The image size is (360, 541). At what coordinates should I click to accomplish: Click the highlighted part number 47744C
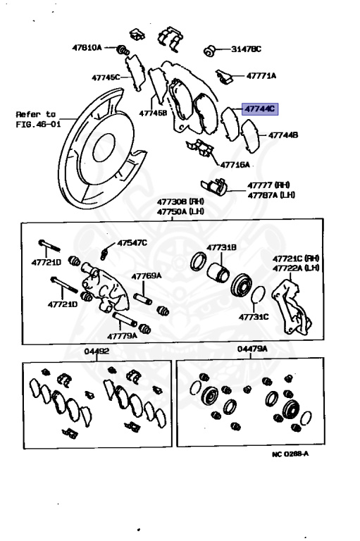tap(260, 109)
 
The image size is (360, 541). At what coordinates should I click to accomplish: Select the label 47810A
tap(87, 47)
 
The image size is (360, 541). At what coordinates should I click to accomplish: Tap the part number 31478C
tap(246, 49)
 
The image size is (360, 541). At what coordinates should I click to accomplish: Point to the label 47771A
tap(261, 75)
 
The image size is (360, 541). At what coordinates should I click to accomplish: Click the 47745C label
tap(106, 77)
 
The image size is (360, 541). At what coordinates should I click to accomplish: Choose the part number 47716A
tap(235, 165)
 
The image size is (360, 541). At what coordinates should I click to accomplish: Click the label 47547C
tap(132, 243)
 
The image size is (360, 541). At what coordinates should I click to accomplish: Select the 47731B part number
tap(221, 247)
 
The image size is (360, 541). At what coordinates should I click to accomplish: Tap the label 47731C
tap(254, 317)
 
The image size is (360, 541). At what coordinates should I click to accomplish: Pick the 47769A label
tap(147, 275)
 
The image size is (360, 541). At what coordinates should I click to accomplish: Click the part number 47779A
tap(122, 336)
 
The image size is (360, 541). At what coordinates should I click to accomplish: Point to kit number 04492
tap(97, 352)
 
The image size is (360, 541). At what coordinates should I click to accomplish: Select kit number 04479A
tap(252, 349)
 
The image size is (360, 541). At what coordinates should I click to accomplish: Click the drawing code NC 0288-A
tap(290, 454)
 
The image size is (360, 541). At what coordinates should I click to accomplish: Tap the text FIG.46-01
tap(38, 123)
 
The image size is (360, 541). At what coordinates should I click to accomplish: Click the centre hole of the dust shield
tap(104, 147)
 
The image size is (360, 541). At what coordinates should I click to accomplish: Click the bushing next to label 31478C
tap(209, 51)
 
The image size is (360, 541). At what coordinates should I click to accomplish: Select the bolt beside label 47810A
tap(123, 50)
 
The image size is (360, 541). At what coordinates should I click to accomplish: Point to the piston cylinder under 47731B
tap(218, 271)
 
